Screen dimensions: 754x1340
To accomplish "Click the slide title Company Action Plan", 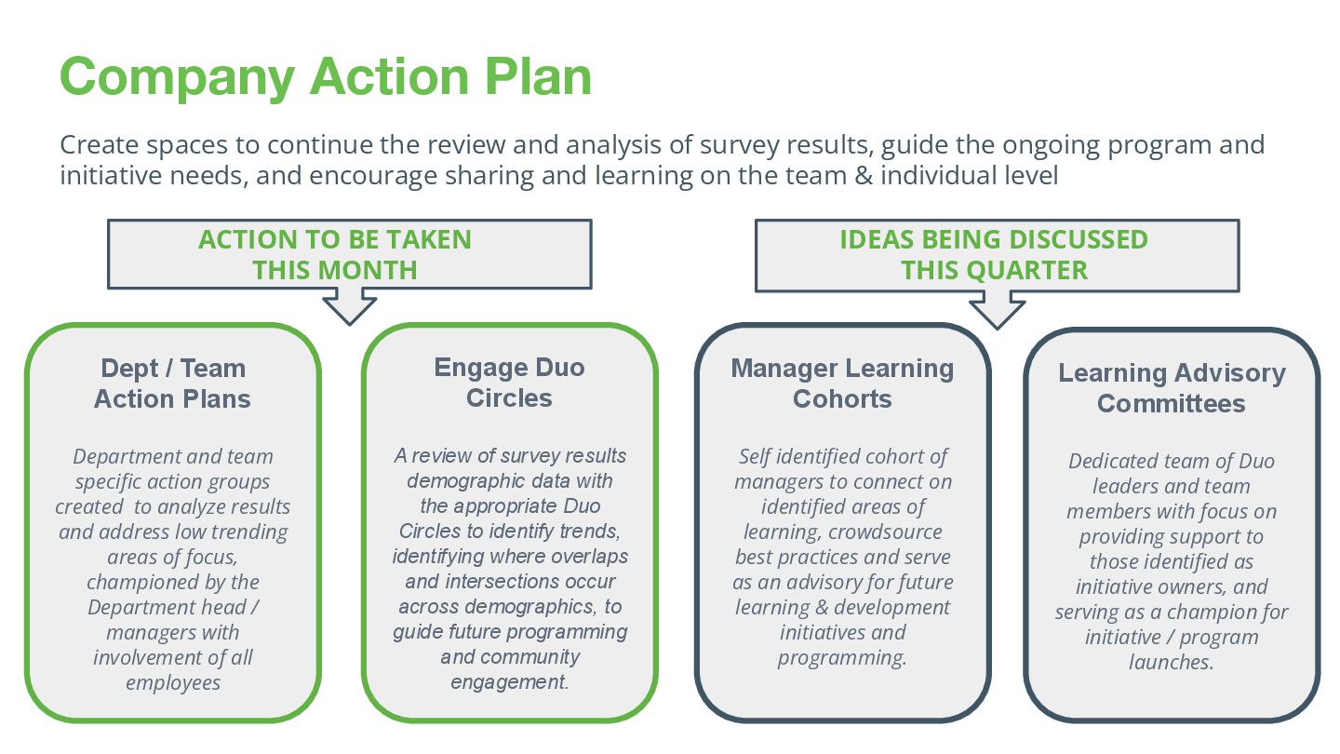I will (x=326, y=75).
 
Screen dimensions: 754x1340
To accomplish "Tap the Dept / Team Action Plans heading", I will (x=173, y=384).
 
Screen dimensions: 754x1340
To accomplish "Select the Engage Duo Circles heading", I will (x=509, y=383).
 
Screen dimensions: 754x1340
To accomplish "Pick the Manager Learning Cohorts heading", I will (x=842, y=384).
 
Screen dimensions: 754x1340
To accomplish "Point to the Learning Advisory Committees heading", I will (x=1172, y=388).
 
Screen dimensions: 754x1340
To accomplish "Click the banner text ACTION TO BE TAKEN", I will (x=335, y=239).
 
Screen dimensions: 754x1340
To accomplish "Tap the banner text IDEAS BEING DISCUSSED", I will (x=994, y=239).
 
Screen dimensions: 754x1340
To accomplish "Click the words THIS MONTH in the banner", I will (x=335, y=271).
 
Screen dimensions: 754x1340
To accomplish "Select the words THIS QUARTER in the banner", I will (x=994, y=271).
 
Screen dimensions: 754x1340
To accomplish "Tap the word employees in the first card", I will (x=173, y=682).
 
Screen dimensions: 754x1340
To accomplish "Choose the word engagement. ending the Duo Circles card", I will (x=510, y=681).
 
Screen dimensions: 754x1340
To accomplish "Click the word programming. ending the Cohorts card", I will (x=842, y=657).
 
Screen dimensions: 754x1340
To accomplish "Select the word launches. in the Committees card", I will (x=1172, y=662).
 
